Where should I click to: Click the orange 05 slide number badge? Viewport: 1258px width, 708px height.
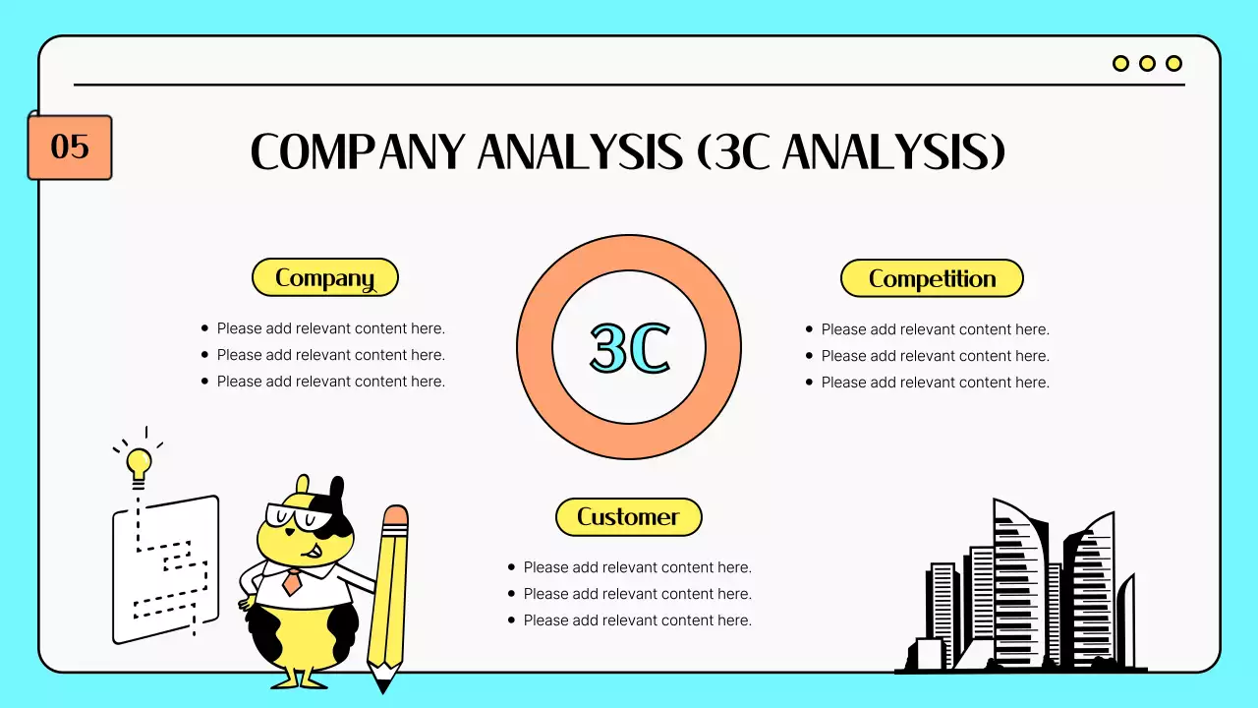click(70, 147)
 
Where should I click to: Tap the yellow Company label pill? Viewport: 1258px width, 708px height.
click(325, 278)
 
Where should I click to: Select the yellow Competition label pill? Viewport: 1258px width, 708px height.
click(932, 279)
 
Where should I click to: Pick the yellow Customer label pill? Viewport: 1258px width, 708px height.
click(629, 517)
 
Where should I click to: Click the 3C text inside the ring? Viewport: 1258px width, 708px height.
click(629, 348)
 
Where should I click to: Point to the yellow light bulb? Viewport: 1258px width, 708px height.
click(139, 462)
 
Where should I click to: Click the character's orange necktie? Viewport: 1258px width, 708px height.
click(292, 582)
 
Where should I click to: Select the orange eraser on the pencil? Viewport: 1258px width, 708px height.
click(395, 517)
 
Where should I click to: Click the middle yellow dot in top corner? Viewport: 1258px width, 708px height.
click(1147, 64)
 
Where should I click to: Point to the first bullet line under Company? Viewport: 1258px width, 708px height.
click(330, 328)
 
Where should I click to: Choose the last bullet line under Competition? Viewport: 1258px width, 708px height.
click(935, 383)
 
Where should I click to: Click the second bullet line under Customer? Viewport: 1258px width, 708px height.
click(637, 594)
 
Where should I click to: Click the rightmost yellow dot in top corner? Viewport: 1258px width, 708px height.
click(1173, 64)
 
